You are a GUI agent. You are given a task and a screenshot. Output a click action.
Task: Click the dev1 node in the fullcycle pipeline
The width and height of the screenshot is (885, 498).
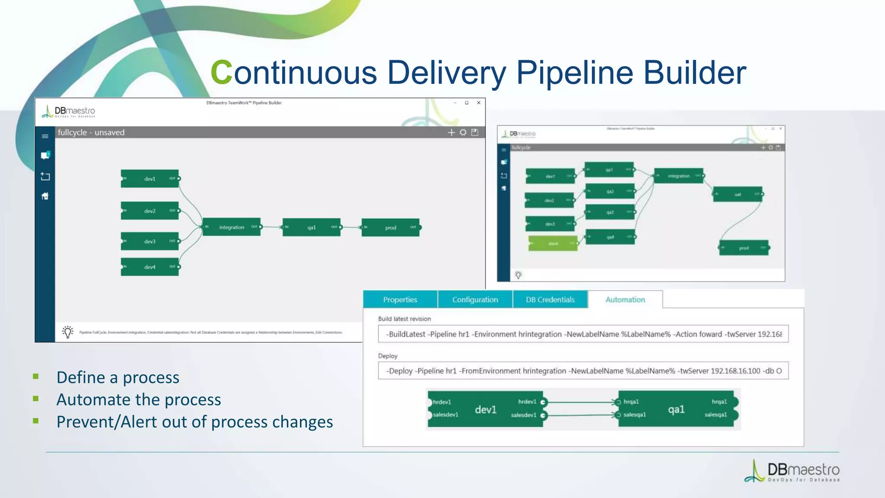tap(150, 179)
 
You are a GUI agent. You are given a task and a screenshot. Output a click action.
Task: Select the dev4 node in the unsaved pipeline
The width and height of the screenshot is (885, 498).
tap(150, 267)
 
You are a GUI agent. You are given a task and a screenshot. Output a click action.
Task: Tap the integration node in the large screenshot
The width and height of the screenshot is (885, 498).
tap(232, 227)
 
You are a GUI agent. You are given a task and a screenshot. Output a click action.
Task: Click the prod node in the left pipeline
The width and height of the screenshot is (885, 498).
tap(391, 227)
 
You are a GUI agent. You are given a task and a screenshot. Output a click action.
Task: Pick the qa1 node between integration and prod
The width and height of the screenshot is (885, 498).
tap(312, 227)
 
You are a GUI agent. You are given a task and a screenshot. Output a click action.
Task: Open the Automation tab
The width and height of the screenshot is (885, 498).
tap(625, 300)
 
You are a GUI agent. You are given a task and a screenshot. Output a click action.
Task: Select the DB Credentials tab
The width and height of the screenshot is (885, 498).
tap(550, 300)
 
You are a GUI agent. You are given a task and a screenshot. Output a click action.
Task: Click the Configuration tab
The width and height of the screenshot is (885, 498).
tap(475, 300)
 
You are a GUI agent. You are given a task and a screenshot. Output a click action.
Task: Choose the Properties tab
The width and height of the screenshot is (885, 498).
tap(400, 300)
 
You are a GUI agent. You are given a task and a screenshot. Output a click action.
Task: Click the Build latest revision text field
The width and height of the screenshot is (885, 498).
tap(583, 334)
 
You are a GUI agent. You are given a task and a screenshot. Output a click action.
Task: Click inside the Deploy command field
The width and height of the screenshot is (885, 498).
tap(583, 371)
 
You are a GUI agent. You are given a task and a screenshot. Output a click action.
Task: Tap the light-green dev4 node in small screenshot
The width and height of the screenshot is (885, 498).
tap(553, 244)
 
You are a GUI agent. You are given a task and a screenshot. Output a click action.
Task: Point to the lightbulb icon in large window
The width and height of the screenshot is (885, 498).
tap(68, 332)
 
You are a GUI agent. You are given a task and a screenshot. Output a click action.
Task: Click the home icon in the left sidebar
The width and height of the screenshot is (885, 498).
tap(45, 196)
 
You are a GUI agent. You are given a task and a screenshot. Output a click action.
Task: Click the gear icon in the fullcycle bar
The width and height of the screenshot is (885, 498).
tap(463, 132)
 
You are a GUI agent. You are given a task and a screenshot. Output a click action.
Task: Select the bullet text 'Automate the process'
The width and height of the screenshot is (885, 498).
tap(139, 400)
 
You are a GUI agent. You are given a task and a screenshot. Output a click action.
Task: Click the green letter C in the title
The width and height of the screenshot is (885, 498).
tap(221, 72)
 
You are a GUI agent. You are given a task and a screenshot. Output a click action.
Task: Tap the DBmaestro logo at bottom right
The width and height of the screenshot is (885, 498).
tap(792, 471)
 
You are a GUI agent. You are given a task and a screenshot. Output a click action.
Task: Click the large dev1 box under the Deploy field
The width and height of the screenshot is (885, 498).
tap(485, 409)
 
